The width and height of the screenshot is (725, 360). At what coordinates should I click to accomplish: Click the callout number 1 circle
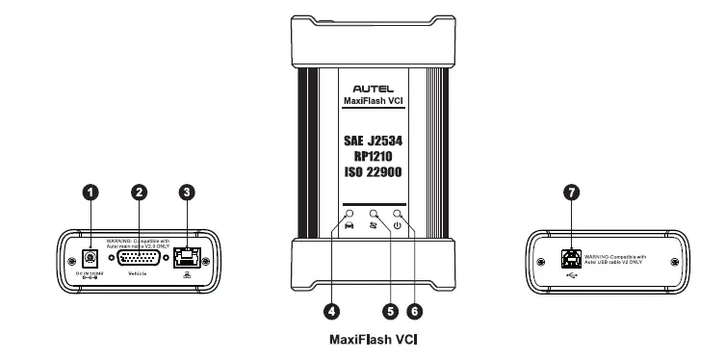click(x=91, y=193)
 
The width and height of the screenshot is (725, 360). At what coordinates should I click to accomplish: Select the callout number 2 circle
click(x=140, y=193)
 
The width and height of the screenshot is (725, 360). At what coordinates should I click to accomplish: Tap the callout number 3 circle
click(x=186, y=193)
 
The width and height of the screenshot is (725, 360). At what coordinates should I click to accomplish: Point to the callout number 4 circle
click(x=332, y=311)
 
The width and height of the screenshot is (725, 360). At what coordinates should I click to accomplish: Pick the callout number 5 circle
click(x=390, y=311)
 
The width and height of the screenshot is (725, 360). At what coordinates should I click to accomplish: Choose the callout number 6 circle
click(x=415, y=311)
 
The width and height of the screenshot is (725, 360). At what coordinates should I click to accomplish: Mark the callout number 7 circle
click(x=573, y=193)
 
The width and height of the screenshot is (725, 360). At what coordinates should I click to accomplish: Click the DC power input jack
click(x=90, y=258)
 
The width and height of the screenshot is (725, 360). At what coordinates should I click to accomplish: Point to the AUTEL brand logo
click(x=372, y=84)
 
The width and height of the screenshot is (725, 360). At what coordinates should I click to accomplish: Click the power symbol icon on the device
click(x=397, y=225)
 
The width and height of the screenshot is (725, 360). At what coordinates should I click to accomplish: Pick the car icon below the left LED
click(x=348, y=225)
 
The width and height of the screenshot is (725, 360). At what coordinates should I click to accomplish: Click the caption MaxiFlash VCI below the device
click(x=371, y=339)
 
